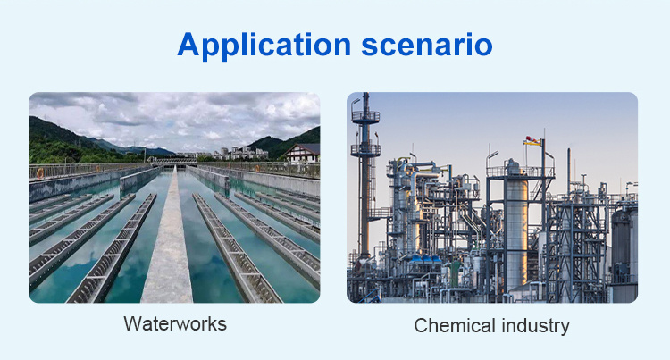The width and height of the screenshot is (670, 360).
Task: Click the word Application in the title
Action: click(264, 46)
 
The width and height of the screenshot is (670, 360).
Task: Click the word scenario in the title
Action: click(427, 45)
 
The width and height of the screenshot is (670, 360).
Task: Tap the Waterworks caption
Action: click(175, 323)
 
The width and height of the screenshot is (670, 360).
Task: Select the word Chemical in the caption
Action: click(455, 325)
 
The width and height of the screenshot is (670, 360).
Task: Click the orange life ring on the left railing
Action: click(39, 173)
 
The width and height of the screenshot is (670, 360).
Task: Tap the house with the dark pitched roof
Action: click(302, 153)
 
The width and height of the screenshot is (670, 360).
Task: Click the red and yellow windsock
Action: click(532, 141)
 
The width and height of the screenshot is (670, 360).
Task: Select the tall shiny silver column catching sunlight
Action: click(516, 230)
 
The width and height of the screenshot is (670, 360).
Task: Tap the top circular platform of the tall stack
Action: click(365, 117)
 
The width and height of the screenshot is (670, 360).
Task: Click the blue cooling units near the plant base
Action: click(425, 259)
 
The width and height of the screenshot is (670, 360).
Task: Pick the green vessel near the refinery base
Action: click(456, 272)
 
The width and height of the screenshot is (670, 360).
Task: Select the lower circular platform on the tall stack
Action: click(365, 150)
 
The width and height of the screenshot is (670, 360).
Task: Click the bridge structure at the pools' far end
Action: click(173, 162)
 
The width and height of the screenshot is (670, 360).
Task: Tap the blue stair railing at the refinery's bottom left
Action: click(371, 297)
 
